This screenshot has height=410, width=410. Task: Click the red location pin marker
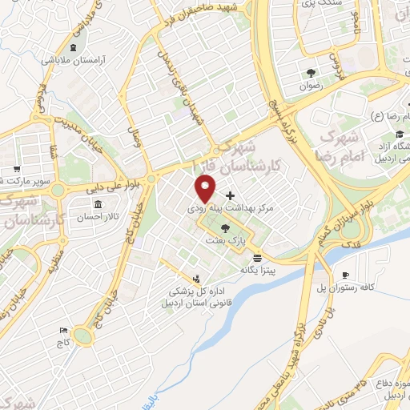click(x=206, y=190)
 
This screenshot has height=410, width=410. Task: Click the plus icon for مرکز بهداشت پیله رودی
click(x=231, y=195)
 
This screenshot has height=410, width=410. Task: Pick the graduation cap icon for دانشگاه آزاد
click(x=399, y=133)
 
